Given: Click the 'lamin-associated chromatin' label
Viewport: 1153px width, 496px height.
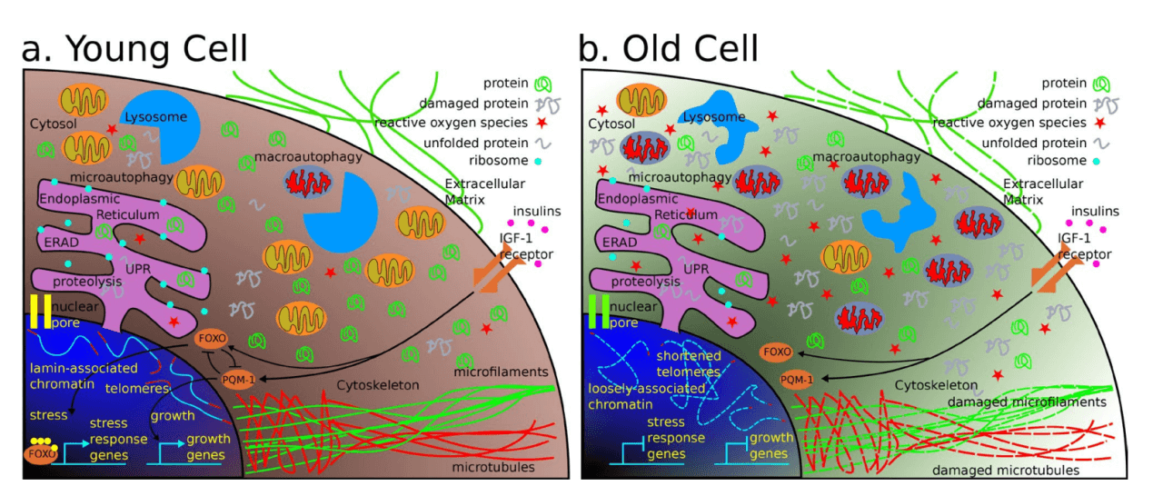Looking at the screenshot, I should click(x=83, y=376).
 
